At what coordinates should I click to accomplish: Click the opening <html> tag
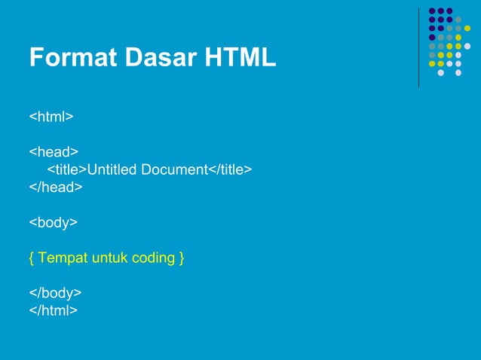click(51, 117)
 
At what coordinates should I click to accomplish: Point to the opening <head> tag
click(54, 152)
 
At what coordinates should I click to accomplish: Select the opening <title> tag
click(67, 169)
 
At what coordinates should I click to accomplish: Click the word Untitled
click(111, 169)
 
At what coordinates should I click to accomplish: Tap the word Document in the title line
click(173, 169)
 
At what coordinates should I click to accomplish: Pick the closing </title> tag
click(230, 169)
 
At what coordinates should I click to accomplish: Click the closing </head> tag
click(56, 187)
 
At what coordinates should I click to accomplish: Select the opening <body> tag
click(54, 222)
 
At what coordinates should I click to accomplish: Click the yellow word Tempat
click(63, 258)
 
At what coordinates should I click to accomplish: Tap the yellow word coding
click(153, 258)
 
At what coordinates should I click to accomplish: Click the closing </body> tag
click(56, 292)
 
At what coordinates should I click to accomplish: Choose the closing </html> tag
click(54, 310)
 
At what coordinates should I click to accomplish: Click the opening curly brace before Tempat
click(32, 258)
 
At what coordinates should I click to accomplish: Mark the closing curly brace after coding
click(182, 258)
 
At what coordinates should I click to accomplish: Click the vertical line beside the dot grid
click(419, 47)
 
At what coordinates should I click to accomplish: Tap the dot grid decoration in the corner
click(449, 41)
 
